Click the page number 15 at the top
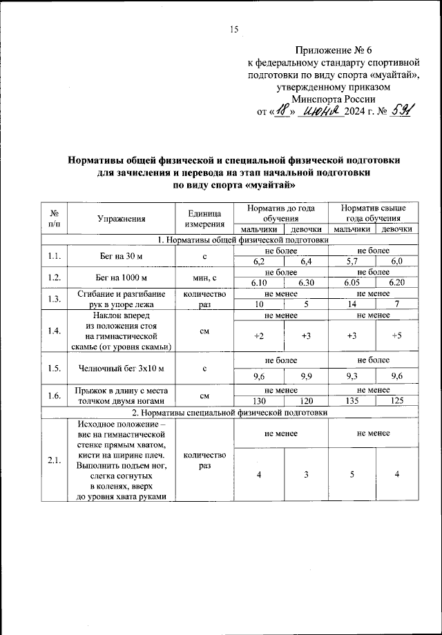point(233,28)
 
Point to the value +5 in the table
point(396,336)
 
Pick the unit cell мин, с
point(205,278)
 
